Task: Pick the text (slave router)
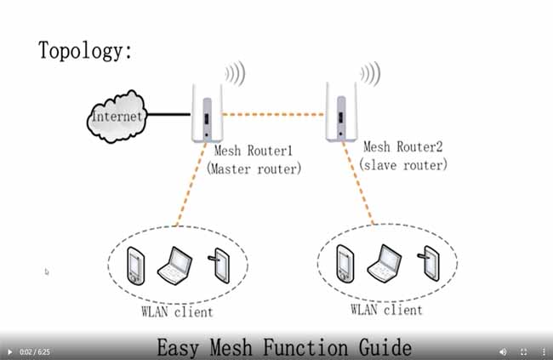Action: point(403,165)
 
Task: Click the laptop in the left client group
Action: point(178,265)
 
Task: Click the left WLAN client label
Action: point(176,311)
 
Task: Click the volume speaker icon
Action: point(502,351)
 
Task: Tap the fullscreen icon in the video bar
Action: point(523,351)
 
